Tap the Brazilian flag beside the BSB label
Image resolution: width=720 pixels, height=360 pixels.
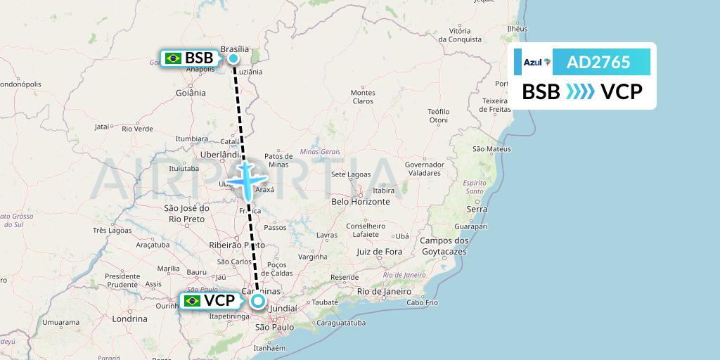click(x=173, y=58)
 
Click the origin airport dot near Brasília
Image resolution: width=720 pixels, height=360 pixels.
click(x=233, y=58)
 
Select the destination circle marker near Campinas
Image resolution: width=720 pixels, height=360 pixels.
click(x=258, y=302)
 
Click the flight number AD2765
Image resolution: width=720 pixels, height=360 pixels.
click(x=598, y=63)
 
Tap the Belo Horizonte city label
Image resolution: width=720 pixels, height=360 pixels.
click(x=360, y=201)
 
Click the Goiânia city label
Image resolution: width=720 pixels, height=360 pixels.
click(x=191, y=92)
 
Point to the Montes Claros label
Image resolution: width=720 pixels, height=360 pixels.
click(x=363, y=97)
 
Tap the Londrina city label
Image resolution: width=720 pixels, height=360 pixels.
click(x=129, y=319)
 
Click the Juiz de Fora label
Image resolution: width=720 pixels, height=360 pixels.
click(x=379, y=251)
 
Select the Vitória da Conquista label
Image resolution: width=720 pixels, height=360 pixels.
click(x=460, y=35)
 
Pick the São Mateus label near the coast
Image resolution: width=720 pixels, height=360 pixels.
click(x=491, y=149)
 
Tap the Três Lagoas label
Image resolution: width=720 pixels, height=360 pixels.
click(x=112, y=231)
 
